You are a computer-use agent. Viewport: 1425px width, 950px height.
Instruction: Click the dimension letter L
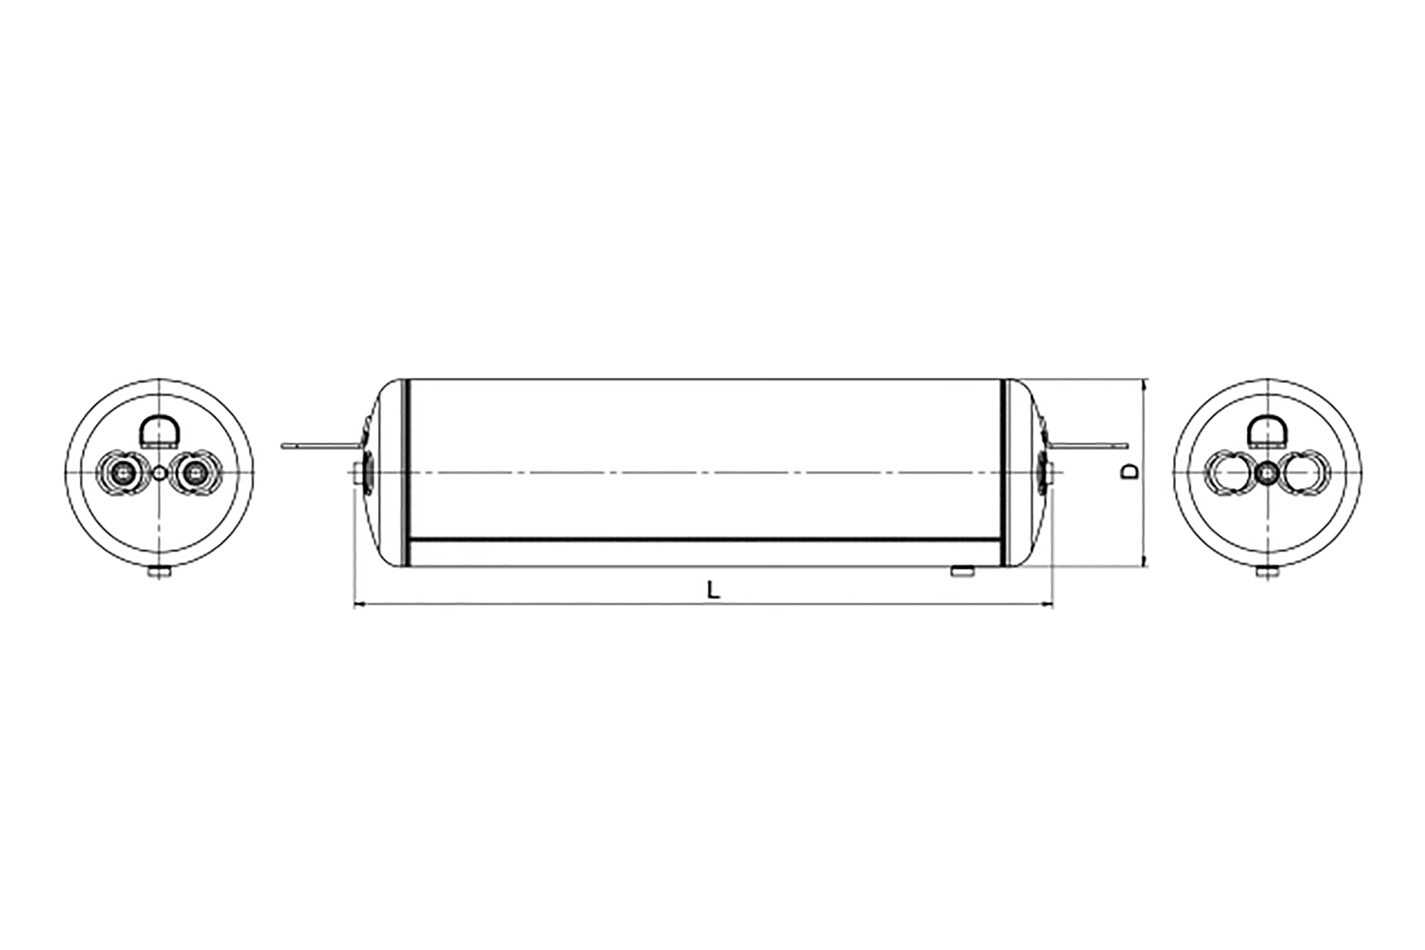tap(713, 590)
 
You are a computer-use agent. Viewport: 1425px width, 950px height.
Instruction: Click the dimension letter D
tap(1130, 472)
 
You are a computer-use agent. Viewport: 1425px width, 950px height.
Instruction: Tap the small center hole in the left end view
tap(159, 473)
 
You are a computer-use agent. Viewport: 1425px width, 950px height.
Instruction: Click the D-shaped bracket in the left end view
tap(159, 431)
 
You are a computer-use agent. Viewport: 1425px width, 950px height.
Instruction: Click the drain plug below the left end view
tap(159, 572)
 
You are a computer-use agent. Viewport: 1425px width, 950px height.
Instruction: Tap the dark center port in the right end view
tap(1267, 473)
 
